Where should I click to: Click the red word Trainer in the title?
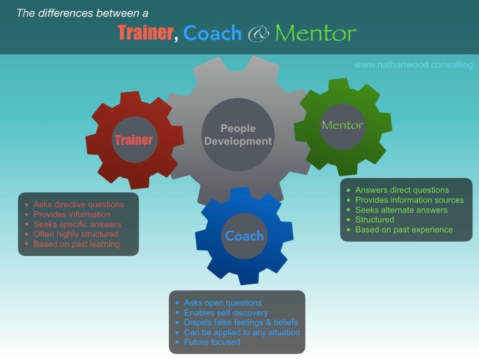tap(145, 33)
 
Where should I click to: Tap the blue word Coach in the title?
tap(212, 33)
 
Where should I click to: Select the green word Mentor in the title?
tap(316, 33)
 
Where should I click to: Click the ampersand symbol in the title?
tap(259, 34)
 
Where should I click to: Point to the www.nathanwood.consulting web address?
tap(414, 65)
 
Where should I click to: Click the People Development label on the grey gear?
tap(238, 135)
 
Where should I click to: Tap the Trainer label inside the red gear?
tap(134, 140)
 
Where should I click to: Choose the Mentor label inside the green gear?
tap(342, 125)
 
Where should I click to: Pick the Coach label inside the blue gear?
tap(244, 236)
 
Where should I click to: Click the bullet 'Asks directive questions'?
tap(79, 205)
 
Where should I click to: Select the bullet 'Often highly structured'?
tap(76, 234)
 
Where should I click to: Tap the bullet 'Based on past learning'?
tap(76, 244)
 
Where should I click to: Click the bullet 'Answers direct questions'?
tap(402, 190)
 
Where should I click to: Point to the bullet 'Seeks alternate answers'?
tap(401, 210)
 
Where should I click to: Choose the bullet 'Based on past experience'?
tap(404, 229)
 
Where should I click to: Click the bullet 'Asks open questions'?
tap(223, 303)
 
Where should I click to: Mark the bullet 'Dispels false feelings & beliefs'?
tap(240, 323)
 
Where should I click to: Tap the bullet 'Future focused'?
tap(212, 342)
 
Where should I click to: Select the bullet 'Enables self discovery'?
tap(226, 313)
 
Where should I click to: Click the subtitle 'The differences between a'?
tap(82, 13)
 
